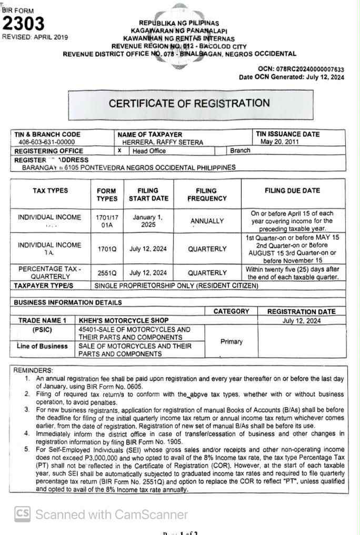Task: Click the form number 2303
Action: [24, 24]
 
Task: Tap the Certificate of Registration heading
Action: [189, 103]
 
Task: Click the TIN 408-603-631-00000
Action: [46, 142]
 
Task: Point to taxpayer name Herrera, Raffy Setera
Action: [155, 142]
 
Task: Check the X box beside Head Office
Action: [120, 151]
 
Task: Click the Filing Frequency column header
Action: [207, 194]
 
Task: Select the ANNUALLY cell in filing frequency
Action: [207, 221]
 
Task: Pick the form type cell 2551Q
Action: [107, 273]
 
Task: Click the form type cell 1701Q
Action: [107, 249]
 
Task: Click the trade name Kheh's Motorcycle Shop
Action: [124, 320]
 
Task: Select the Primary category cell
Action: [231, 342]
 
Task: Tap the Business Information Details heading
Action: [67, 303]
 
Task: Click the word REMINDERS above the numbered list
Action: [33, 371]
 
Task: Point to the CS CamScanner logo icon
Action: [22, 514]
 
